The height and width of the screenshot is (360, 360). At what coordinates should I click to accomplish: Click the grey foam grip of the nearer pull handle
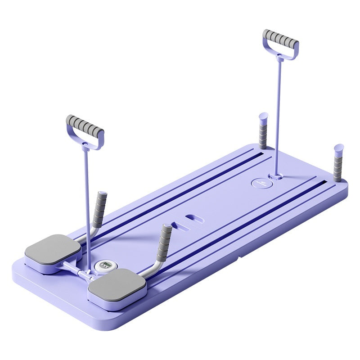pyautogui.click(x=85, y=126)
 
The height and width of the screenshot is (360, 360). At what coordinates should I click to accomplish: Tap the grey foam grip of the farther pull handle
pyautogui.click(x=281, y=40)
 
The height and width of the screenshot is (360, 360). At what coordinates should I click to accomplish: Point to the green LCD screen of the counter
pyautogui.click(x=104, y=265)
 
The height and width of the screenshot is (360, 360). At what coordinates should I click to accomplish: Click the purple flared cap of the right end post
pyautogui.click(x=339, y=148)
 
